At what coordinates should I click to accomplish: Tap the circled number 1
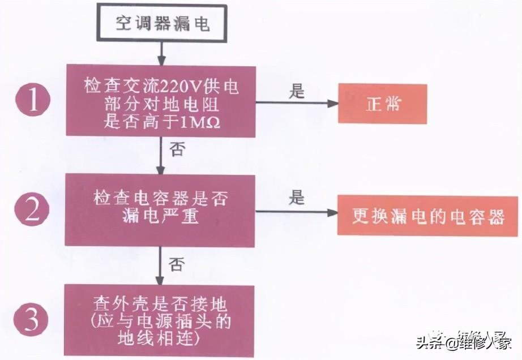tap(32, 100)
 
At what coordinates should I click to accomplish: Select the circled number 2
tap(32, 210)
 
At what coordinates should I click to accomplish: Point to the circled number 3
tap(32, 320)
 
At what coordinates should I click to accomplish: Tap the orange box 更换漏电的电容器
tap(427, 216)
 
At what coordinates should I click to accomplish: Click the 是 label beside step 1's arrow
tap(297, 91)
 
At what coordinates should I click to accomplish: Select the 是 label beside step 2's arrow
tap(297, 198)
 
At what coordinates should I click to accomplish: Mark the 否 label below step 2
tap(176, 264)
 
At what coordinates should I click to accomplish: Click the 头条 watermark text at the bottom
tap(430, 342)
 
